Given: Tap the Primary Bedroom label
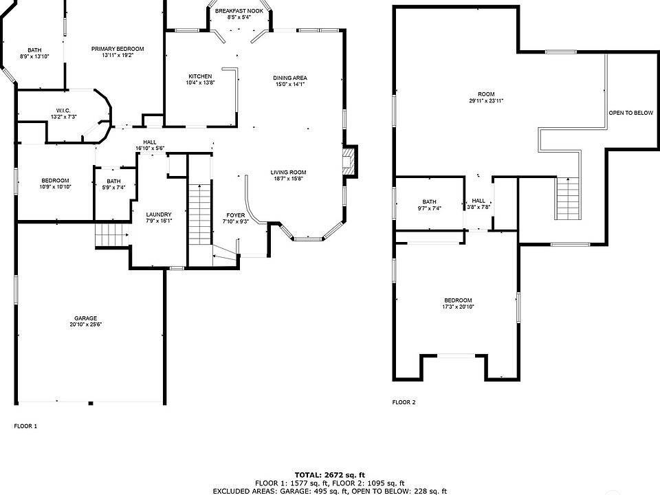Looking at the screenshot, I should pyautogui.click(x=118, y=49).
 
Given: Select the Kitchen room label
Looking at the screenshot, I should pyautogui.click(x=200, y=76).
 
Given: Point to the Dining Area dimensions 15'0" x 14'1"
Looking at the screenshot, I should pyautogui.click(x=290, y=85).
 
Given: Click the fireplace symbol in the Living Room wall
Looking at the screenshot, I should pyautogui.click(x=351, y=162).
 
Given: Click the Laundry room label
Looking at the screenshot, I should pyautogui.click(x=158, y=214).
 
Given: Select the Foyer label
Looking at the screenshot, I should pyautogui.click(x=235, y=215).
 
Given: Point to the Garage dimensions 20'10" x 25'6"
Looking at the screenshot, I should pyautogui.click(x=86, y=326).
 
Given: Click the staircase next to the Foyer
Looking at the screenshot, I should pyautogui.click(x=198, y=212).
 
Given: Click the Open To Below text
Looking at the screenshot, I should pyautogui.click(x=630, y=113).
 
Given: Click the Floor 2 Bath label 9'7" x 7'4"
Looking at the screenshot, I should pyautogui.click(x=430, y=205).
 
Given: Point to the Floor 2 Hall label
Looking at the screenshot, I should pyautogui.click(x=478, y=200).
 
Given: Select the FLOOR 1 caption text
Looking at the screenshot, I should pyautogui.click(x=25, y=426).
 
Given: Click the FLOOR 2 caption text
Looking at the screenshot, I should pyautogui.click(x=404, y=402).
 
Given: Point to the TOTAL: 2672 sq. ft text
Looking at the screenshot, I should pyautogui.click(x=329, y=474).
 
